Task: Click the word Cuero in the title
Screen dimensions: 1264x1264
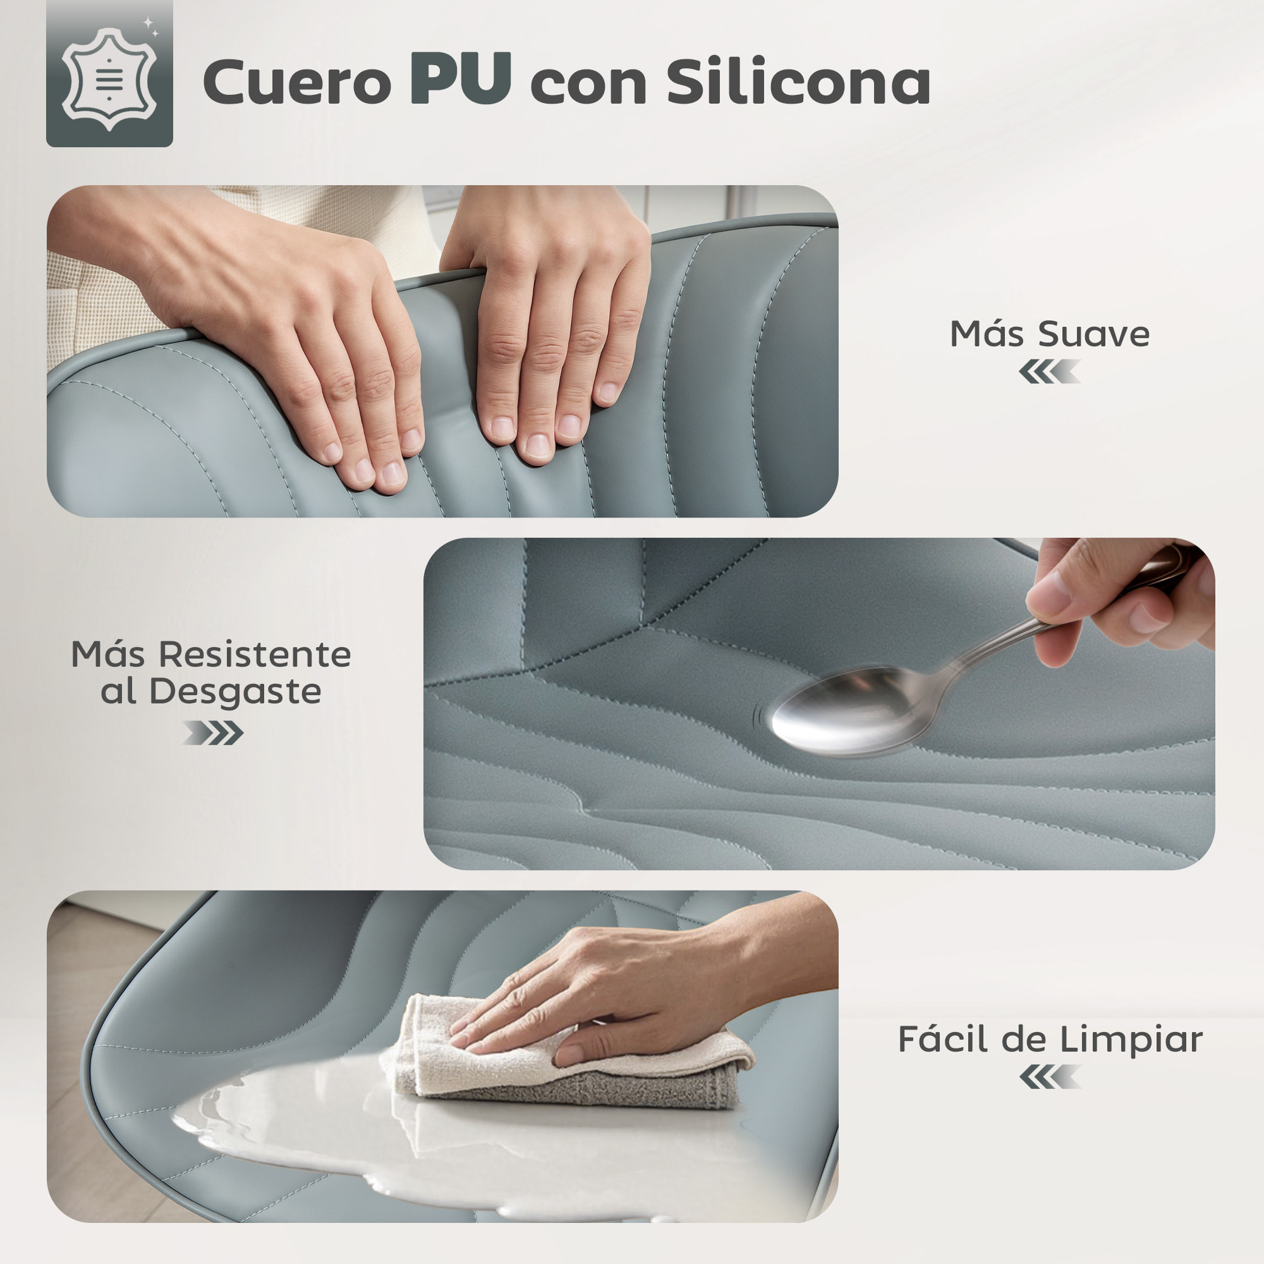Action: (x=296, y=82)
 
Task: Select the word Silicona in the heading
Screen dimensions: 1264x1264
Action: (x=798, y=81)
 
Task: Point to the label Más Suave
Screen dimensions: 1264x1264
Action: (x=1049, y=334)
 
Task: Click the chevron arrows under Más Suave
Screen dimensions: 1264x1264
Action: (x=1049, y=372)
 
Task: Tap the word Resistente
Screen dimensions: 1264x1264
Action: (x=255, y=654)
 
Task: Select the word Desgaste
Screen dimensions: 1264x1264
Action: (x=236, y=692)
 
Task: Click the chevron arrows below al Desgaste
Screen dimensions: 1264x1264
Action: (x=212, y=732)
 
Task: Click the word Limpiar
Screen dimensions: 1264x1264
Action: (x=1131, y=1039)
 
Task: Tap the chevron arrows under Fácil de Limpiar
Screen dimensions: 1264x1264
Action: (x=1049, y=1077)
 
